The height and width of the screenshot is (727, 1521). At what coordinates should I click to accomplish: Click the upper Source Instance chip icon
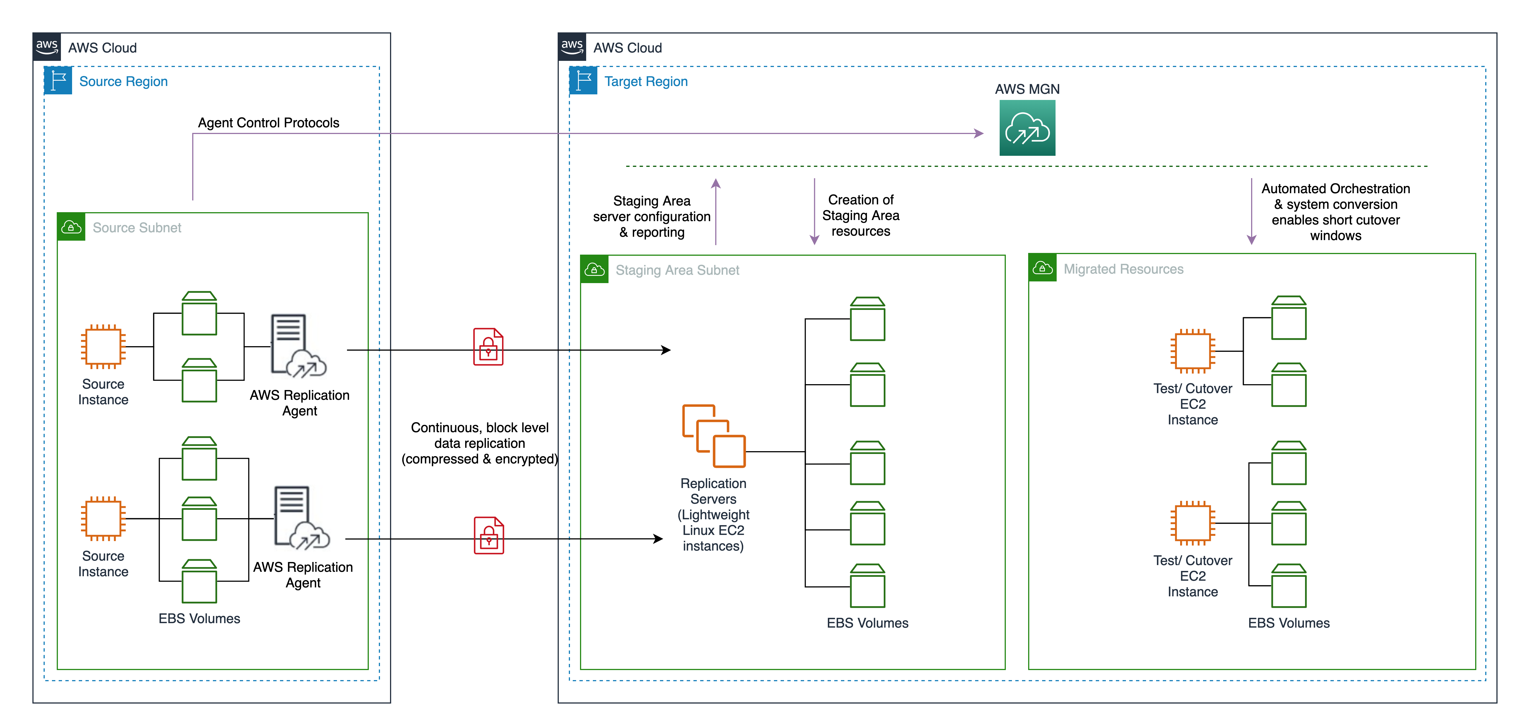(x=103, y=347)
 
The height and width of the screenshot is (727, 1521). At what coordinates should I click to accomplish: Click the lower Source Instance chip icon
(x=103, y=519)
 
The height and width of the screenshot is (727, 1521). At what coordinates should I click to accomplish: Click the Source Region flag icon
(x=58, y=81)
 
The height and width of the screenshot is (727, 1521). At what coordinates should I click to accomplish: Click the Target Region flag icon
(x=583, y=81)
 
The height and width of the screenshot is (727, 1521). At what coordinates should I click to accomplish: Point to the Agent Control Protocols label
(x=269, y=123)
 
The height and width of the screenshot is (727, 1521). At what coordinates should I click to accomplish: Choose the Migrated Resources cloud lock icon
(x=1042, y=269)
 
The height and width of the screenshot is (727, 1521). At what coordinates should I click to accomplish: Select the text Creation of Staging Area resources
(x=860, y=215)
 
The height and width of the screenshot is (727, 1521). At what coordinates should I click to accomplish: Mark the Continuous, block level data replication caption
(x=479, y=443)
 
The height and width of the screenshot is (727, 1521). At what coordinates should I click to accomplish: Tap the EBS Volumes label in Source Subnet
(x=199, y=618)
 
